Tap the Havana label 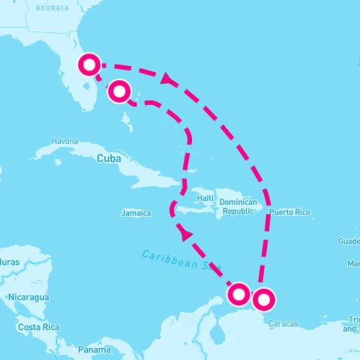[x=65, y=141]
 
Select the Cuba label [x=109, y=158]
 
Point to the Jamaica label [x=136, y=213]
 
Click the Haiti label [x=205, y=198]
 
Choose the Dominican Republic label [x=238, y=207]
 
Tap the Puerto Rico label [x=289, y=212]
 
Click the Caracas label [x=283, y=324]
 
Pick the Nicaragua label [x=28, y=298]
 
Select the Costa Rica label [x=38, y=328]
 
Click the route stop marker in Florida [x=89, y=64]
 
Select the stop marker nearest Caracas [x=263, y=300]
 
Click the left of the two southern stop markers [x=239, y=294]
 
